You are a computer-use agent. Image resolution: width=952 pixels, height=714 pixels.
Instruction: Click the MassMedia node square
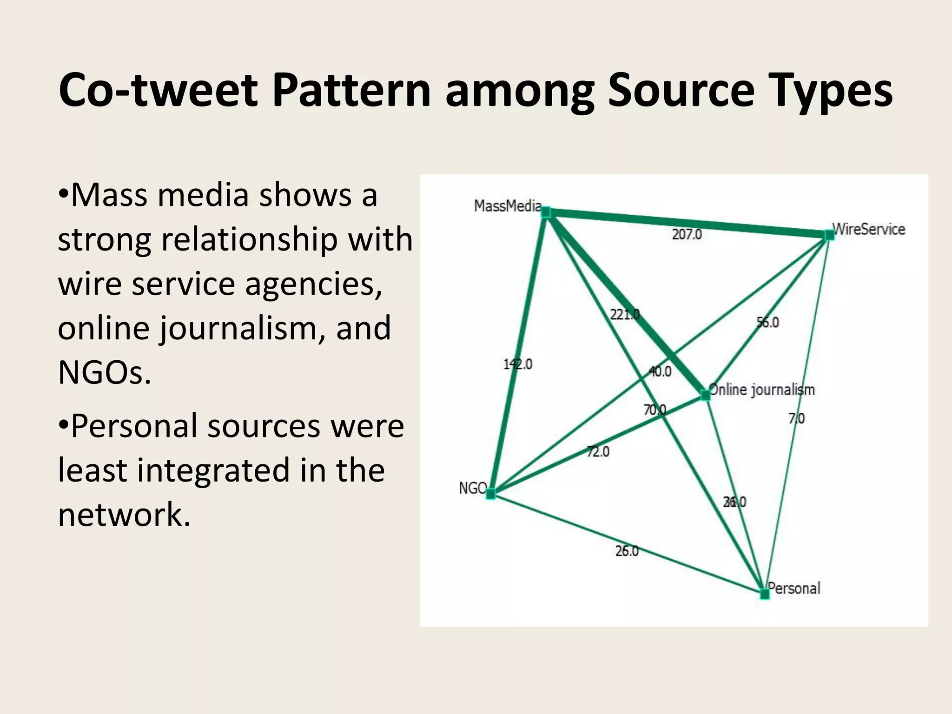(x=546, y=212)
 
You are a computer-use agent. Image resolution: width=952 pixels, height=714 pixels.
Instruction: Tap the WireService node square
(x=829, y=235)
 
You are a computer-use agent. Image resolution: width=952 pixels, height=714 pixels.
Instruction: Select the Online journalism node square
(x=706, y=395)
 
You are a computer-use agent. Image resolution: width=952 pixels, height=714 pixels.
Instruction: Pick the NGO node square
(x=491, y=494)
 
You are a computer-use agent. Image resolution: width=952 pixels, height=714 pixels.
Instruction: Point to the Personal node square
(x=765, y=594)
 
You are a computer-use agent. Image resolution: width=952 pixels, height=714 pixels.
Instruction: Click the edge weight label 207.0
(x=687, y=234)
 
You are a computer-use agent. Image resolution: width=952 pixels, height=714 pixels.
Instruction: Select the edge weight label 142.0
(x=518, y=364)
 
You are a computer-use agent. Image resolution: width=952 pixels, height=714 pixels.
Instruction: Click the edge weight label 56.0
(x=768, y=322)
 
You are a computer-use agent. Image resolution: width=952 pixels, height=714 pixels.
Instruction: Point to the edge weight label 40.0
(x=660, y=371)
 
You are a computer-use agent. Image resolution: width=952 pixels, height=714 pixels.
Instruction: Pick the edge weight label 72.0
(x=598, y=451)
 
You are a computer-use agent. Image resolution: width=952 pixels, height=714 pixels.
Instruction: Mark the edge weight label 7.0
(x=796, y=418)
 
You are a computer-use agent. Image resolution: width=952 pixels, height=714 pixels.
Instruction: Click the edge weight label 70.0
(x=654, y=410)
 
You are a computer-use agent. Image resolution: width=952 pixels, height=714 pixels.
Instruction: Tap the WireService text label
(x=869, y=229)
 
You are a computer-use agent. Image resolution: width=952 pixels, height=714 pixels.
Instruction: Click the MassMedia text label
(x=508, y=205)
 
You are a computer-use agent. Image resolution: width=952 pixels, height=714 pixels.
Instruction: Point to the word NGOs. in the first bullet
(x=105, y=372)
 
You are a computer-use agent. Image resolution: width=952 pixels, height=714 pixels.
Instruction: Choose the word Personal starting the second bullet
(x=134, y=426)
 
